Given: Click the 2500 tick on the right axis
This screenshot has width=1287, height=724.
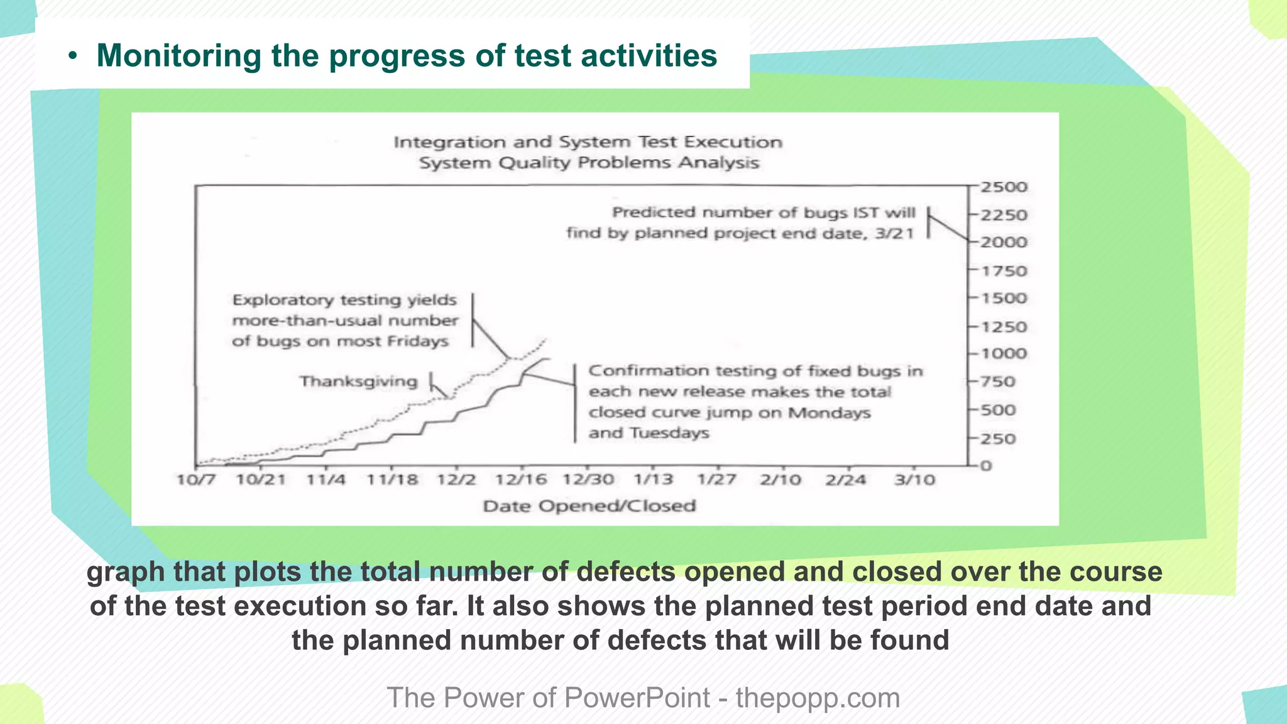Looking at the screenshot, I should pyautogui.click(x=1004, y=187).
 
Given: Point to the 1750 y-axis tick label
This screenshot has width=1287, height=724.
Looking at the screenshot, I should pyautogui.click(x=1004, y=271).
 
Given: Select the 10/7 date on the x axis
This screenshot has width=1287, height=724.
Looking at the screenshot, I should pyautogui.click(x=196, y=480).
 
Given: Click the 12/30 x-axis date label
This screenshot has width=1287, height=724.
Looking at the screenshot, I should pyautogui.click(x=588, y=480).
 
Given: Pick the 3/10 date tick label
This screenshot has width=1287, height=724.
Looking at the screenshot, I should pyautogui.click(x=914, y=480).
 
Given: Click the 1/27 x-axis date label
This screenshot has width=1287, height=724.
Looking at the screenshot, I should pyautogui.click(x=716, y=480).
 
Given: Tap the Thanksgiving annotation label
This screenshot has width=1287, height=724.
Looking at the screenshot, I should pyautogui.click(x=358, y=381).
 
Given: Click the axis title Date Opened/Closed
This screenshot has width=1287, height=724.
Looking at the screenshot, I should pyautogui.click(x=589, y=506).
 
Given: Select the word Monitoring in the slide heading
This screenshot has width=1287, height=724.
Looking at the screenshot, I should pyautogui.click(x=178, y=55).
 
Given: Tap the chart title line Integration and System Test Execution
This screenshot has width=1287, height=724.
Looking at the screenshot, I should pyautogui.click(x=588, y=143).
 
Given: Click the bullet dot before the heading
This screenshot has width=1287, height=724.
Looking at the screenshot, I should pyautogui.click(x=73, y=57).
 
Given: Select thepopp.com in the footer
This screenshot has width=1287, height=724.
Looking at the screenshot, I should pyautogui.click(x=818, y=698).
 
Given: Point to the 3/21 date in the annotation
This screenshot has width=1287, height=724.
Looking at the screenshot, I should pyautogui.click(x=894, y=234).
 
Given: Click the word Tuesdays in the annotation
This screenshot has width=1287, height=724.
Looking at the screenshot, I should pyautogui.click(x=669, y=433).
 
